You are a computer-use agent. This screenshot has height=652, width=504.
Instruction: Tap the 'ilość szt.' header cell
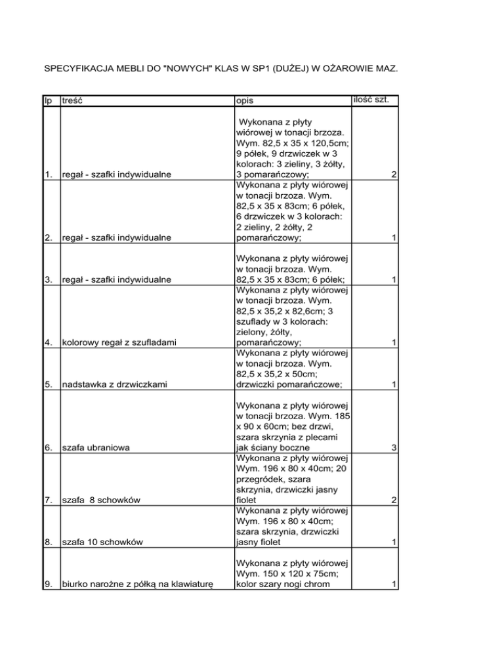371,100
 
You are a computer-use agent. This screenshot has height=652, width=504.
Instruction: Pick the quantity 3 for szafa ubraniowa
392,449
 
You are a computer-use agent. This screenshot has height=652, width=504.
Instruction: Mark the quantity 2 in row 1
392,176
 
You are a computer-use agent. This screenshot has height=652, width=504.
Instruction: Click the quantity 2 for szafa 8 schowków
392,501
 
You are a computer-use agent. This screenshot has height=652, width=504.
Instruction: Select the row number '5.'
48,386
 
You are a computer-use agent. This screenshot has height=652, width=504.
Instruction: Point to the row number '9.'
48,596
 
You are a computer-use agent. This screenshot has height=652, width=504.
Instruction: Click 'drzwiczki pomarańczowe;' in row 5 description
287,386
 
